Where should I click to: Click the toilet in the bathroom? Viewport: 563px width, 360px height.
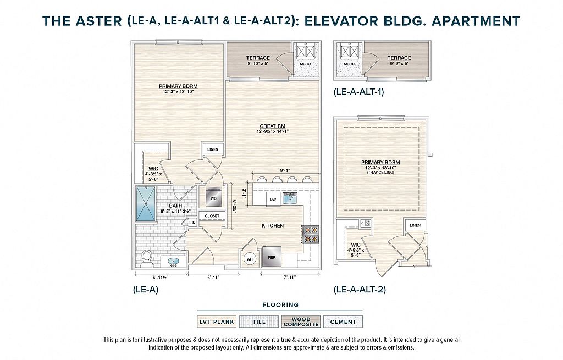(x=146, y=258)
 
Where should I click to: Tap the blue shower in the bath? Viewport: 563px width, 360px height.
(x=146, y=203)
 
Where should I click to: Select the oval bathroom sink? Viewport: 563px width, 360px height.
(x=173, y=262)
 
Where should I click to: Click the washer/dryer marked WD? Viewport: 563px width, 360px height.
(x=214, y=197)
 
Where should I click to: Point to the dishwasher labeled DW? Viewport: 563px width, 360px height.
(x=273, y=199)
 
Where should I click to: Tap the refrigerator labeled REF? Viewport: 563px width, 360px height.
(x=272, y=257)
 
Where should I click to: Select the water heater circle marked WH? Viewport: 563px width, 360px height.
(x=250, y=259)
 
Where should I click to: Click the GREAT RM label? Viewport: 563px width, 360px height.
(x=273, y=126)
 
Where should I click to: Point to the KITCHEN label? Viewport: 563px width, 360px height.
(x=273, y=225)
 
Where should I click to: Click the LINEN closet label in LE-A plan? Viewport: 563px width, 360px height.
(x=213, y=149)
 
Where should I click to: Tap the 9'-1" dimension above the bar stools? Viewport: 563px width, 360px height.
(x=285, y=170)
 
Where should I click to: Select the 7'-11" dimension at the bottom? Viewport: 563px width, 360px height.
(x=290, y=277)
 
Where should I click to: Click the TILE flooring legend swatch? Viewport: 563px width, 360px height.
(x=260, y=322)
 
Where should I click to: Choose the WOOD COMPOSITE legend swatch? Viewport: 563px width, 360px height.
(x=301, y=322)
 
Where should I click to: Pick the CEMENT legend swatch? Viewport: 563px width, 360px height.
(x=343, y=322)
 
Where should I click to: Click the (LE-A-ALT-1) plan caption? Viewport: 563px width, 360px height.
(x=358, y=92)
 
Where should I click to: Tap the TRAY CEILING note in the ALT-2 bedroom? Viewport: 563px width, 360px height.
(x=380, y=173)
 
